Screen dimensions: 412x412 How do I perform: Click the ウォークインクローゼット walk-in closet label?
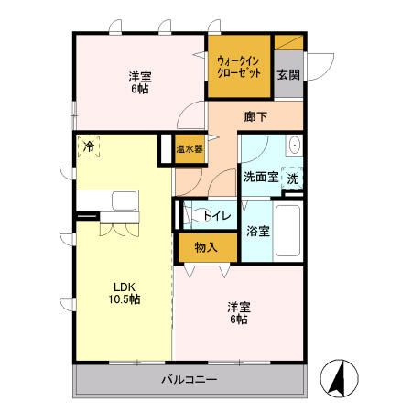click(239, 68)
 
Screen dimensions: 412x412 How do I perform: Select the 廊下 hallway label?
click(255, 116)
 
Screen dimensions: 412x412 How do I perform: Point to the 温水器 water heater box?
click(190, 148)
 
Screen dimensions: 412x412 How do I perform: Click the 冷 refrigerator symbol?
click(89, 146)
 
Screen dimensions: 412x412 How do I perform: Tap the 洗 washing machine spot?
click(293, 179)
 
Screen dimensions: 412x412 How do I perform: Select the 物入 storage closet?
click(205, 246)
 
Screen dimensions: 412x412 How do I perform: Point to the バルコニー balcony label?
click(190, 378)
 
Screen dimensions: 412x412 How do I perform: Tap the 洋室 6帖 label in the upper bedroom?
click(140, 83)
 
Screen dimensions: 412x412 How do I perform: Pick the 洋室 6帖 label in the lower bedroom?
click(238, 313)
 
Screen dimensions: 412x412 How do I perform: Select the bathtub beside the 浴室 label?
click(288, 230)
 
